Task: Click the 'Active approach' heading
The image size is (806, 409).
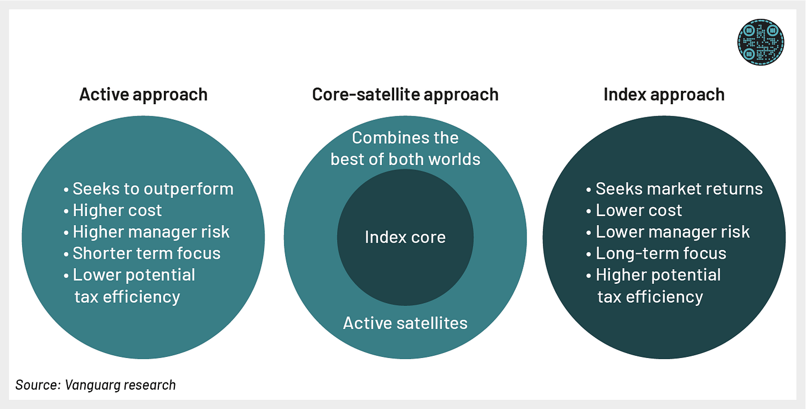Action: pyautogui.click(x=143, y=95)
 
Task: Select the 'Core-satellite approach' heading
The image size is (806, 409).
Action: pyautogui.click(x=405, y=95)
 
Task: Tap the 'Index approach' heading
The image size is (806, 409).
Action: pyautogui.click(x=664, y=95)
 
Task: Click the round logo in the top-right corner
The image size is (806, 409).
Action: pyautogui.click(x=761, y=42)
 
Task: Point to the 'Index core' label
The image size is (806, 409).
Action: pyautogui.click(x=405, y=237)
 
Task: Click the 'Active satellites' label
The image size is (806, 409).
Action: pyautogui.click(x=405, y=323)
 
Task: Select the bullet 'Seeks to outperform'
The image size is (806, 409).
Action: pyautogui.click(x=148, y=189)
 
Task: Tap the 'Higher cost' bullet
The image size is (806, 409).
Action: pyautogui.click(x=112, y=211)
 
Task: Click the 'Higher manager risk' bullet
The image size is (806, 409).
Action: pyautogui.click(x=147, y=232)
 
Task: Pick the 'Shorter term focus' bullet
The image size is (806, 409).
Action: pyautogui.click(x=142, y=253)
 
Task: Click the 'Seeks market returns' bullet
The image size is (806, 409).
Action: pyautogui.click(x=674, y=189)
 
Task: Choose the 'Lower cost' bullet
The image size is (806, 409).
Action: pyautogui.click(x=634, y=211)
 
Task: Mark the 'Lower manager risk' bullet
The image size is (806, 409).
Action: pyautogui.click(x=668, y=232)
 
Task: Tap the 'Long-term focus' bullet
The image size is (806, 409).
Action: pyautogui.click(x=657, y=253)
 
